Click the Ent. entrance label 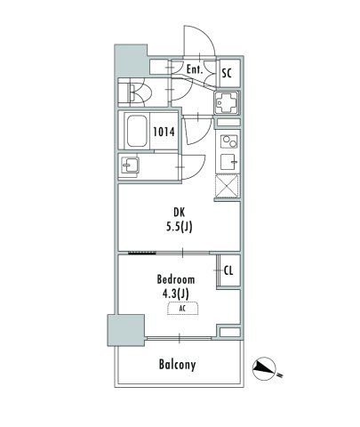click(195, 69)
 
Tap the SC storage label click(227, 73)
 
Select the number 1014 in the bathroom click(164, 132)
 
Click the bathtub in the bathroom click(137, 131)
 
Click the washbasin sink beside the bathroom click(130, 165)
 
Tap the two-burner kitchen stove click(229, 141)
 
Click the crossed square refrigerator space click(227, 186)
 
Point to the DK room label click(179, 213)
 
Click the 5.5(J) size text click(179, 227)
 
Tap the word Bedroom click(176, 279)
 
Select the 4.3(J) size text click(175, 294)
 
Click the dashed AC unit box click(182, 309)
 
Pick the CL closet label click(228, 270)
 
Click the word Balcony click(177, 365)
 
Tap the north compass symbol click(264, 369)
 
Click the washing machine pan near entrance click(227, 102)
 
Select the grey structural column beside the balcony click(126, 330)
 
